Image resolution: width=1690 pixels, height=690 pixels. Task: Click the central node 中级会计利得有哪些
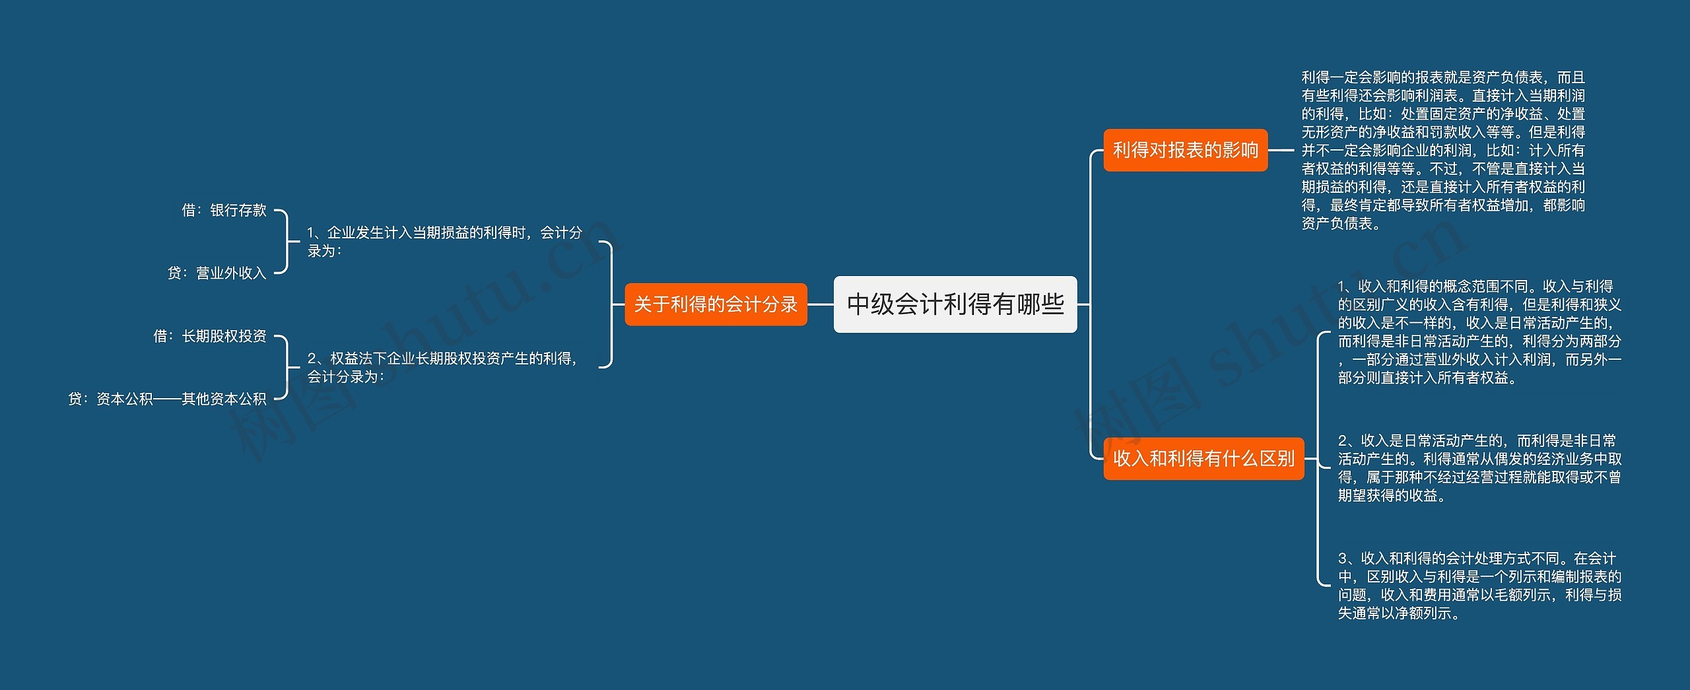(x=955, y=304)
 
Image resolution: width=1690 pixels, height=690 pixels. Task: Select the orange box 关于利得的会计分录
(x=716, y=304)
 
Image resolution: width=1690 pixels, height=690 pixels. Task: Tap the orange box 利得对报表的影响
(x=1185, y=151)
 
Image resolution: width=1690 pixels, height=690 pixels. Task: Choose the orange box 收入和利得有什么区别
(x=1203, y=458)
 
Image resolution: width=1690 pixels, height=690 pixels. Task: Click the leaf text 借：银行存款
(x=224, y=211)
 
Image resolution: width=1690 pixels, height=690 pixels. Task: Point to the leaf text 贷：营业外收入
(x=217, y=273)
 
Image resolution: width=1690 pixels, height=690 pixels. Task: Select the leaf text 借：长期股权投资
(x=210, y=337)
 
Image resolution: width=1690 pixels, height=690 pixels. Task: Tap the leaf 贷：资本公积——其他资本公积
(x=167, y=399)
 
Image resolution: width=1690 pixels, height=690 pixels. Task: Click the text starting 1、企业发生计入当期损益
(x=444, y=242)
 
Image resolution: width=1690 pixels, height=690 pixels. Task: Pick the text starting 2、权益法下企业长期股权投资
(x=442, y=367)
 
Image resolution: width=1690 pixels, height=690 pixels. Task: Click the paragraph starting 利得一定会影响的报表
(x=1442, y=151)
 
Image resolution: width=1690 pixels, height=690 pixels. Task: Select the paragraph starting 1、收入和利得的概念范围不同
(x=1479, y=332)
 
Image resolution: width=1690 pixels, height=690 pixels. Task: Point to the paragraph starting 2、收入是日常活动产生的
(x=1479, y=467)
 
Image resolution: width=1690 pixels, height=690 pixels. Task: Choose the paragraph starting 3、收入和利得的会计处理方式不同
(x=1479, y=586)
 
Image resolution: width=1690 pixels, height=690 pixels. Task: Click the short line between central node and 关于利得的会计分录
(x=821, y=304)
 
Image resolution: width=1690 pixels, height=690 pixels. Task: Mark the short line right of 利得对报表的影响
(x=1281, y=151)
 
